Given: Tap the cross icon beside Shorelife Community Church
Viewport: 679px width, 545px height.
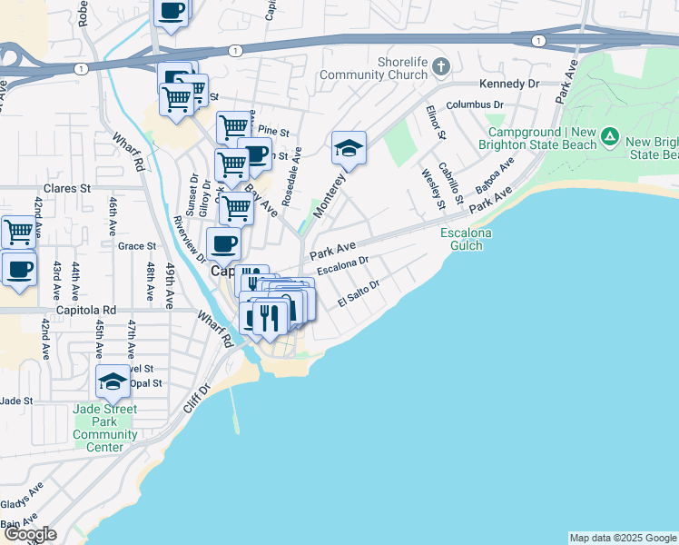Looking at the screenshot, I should [x=441, y=66].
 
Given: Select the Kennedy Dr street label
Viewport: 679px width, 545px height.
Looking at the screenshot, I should [x=509, y=84].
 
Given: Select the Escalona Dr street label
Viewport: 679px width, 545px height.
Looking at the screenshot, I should [x=343, y=265].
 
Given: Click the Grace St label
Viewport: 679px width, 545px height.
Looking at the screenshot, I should [x=137, y=245].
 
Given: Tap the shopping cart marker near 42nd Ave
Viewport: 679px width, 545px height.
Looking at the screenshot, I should [x=18, y=232].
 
